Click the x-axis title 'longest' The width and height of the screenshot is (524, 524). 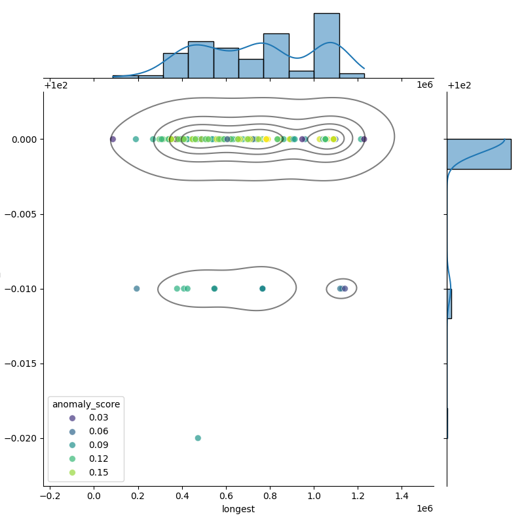pos(238,509)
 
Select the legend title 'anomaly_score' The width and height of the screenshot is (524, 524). pos(86,404)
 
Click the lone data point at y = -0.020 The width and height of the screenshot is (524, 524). pos(198,438)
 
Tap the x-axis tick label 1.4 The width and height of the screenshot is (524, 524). pos(402,496)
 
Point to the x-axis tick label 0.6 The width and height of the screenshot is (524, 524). pos(226,496)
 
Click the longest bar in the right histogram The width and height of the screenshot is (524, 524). pos(478,154)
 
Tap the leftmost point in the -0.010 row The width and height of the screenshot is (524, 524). pos(137,289)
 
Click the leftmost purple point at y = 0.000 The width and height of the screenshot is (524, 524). pos(113,139)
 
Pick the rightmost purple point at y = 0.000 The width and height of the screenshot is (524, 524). pos(364,139)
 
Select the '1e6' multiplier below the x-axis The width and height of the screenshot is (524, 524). pos(424,508)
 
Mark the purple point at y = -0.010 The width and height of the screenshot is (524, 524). pos(345,289)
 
